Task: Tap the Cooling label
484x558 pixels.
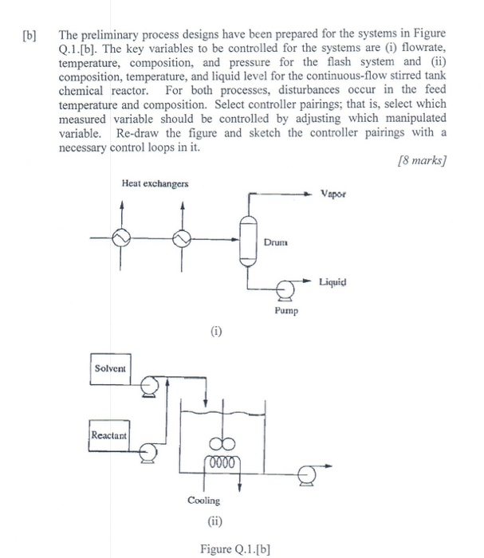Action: point(204,501)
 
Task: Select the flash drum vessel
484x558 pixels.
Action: point(248,238)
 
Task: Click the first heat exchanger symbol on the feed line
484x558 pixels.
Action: point(123,238)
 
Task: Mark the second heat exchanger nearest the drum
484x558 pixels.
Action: point(183,238)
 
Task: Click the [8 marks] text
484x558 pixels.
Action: point(422,160)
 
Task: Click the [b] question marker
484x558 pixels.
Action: point(33,36)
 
